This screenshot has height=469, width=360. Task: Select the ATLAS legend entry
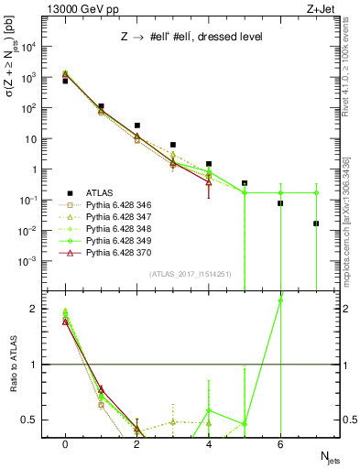click(100, 192)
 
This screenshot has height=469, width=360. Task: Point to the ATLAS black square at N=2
click(136, 125)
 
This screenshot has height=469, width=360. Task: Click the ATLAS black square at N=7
click(316, 224)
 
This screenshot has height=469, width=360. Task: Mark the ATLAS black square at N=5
click(245, 183)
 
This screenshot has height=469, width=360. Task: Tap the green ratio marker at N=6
click(280, 300)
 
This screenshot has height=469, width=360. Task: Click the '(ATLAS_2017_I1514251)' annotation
click(189, 273)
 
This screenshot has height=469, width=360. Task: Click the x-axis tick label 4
click(209, 444)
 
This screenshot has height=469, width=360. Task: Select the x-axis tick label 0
click(65, 444)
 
